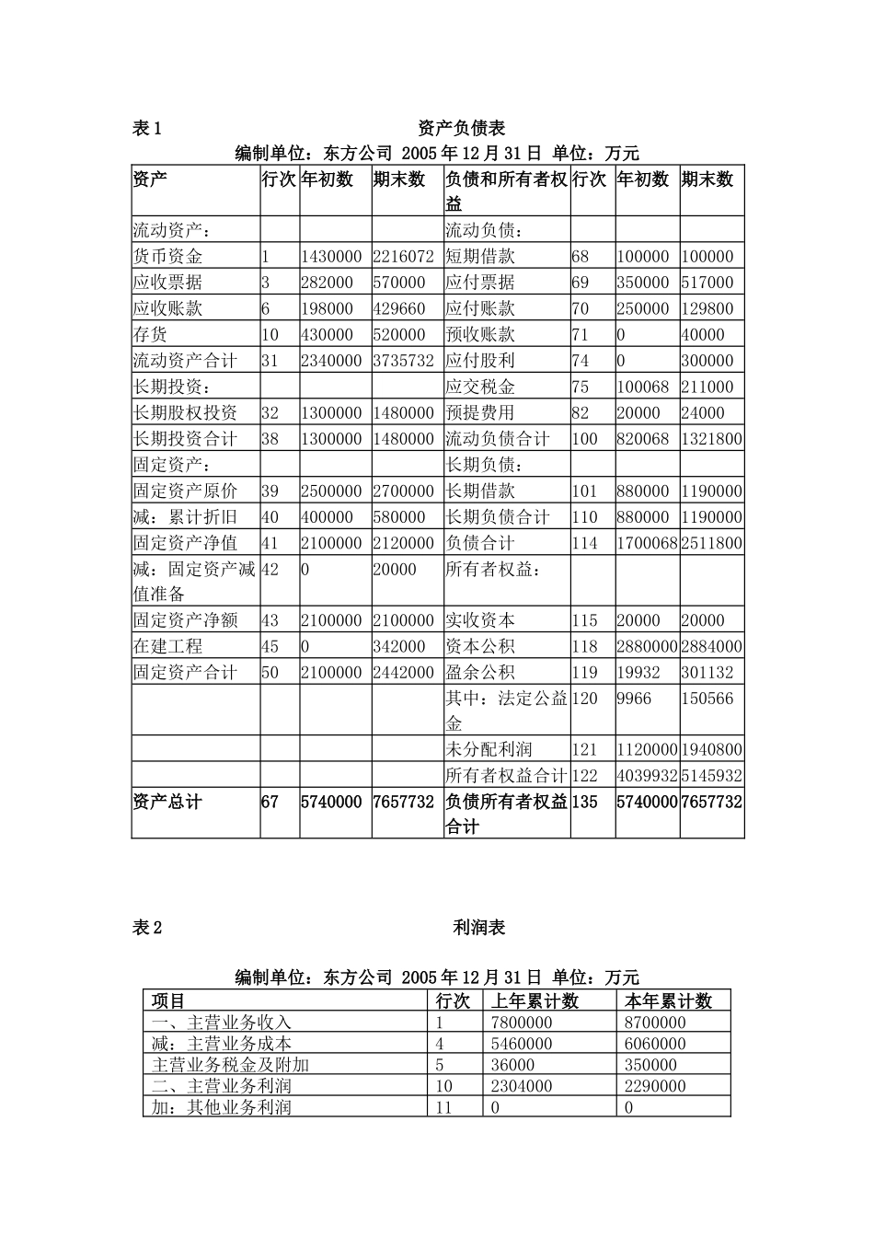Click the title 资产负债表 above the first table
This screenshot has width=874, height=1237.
(461, 128)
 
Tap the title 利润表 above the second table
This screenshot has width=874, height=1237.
(479, 928)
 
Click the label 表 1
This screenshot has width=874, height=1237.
(147, 128)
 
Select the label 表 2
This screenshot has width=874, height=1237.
(147, 928)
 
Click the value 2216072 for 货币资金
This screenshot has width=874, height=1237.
(403, 257)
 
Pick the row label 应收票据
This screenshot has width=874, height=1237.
(168, 283)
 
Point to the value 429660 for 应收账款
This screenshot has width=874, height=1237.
(399, 308)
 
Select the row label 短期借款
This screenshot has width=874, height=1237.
(480, 257)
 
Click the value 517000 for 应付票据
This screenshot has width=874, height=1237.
(707, 283)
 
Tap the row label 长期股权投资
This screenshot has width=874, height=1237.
(186, 412)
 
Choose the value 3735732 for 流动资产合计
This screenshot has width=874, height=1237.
(403, 361)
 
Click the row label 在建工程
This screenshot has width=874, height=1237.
(168, 646)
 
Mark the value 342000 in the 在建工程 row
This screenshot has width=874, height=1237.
(399, 646)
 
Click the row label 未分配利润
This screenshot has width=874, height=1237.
(489, 750)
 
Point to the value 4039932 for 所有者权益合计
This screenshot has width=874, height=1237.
(647, 776)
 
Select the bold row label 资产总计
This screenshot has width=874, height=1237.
(167, 802)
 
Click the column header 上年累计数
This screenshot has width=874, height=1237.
(535, 1001)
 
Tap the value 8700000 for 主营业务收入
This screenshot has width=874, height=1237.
(655, 1023)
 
